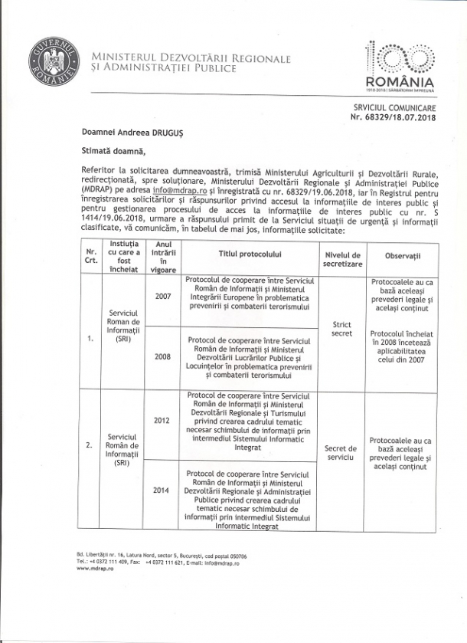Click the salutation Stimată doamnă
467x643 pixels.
(x=111, y=149)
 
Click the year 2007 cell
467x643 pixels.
(x=162, y=297)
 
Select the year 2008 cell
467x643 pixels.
(x=162, y=356)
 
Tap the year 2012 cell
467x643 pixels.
(x=162, y=421)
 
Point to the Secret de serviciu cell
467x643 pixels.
(x=341, y=452)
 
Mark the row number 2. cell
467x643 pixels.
(x=90, y=444)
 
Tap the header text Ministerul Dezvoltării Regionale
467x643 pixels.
(x=191, y=58)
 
